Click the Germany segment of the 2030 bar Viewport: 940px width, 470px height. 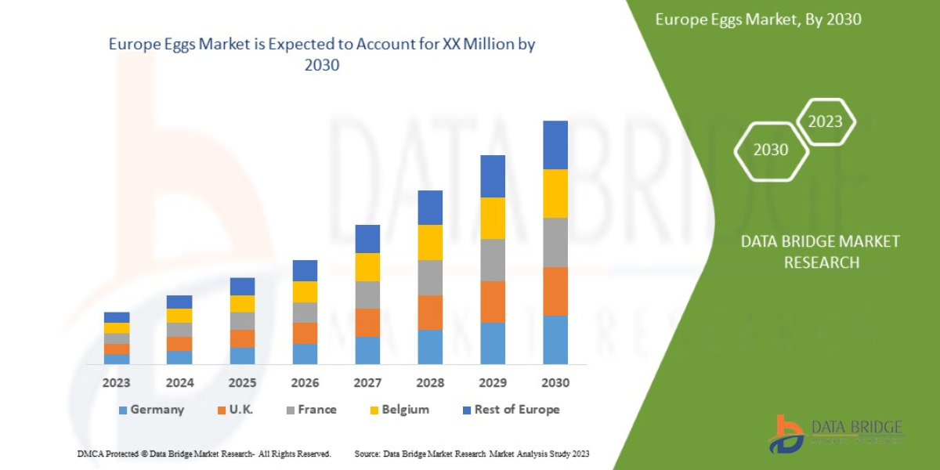click(555, 339)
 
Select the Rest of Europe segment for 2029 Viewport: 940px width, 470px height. click(493, 176)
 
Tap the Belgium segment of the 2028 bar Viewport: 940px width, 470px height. click(430, 242)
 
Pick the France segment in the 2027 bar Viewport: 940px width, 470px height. click(367, 295)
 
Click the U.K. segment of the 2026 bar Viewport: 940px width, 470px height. click(305, 333)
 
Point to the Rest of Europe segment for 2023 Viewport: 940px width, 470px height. click(117, 317)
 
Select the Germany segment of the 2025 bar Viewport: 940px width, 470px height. click(242, 356)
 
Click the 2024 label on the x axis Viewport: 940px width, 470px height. click(179, 383)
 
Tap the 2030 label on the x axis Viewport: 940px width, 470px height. click(555, 383)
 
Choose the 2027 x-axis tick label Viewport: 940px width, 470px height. click(367, 383)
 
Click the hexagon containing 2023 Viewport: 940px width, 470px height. click(825, 121)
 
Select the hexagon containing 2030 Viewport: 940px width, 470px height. click(771, 150)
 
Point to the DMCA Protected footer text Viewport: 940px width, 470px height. click(204, 454)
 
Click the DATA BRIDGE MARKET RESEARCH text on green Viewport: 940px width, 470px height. click(820, 251)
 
